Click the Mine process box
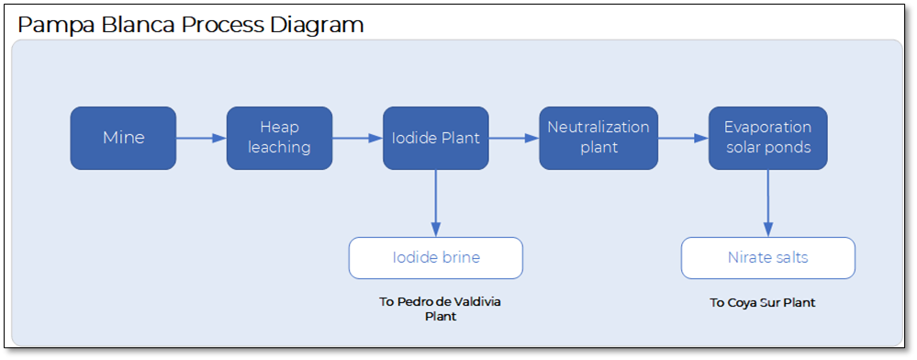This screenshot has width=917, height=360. (x=123, y=138)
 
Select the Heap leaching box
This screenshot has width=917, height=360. (x=279, y=138)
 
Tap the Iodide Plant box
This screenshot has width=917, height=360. (x=435, y=138)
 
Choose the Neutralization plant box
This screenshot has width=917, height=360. (x=598, y=138)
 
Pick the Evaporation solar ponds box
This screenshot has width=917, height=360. (x=767, y=138)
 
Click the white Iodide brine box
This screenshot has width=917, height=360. (x=435, y=258)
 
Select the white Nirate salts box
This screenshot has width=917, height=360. (x=767, y=258)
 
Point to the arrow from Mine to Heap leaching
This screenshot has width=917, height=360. (x=201, y=138)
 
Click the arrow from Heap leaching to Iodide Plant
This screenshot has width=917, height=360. (x=357, y=138)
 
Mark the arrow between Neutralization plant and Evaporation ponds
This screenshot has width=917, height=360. (x=683, y=138)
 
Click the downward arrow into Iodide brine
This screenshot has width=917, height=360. (x=435, y=203)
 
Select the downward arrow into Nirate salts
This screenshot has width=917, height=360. (x=767, y=203)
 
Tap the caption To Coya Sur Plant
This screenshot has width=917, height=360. (x=762, y=302)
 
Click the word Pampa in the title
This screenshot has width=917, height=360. (x=54, y=25)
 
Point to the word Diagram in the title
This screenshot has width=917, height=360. (x=318, y=25)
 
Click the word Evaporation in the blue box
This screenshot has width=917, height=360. (x=767, y=127)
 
